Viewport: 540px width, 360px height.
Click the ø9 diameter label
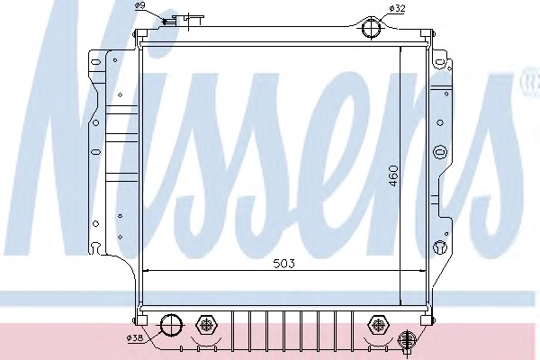point(140,5)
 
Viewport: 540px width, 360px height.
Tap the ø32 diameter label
point(397,8)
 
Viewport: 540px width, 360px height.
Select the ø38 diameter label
point(135,338)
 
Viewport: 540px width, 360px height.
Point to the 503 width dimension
point(284,264)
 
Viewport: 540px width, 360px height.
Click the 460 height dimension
point(393,176)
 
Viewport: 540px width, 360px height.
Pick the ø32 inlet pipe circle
point(371,27)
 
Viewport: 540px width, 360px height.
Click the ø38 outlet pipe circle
point(171,325)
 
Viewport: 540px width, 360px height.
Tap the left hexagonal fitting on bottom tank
point(206,325)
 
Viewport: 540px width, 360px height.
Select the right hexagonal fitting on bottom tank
point(378,325)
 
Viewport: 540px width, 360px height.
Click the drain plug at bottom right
point(407,341)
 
